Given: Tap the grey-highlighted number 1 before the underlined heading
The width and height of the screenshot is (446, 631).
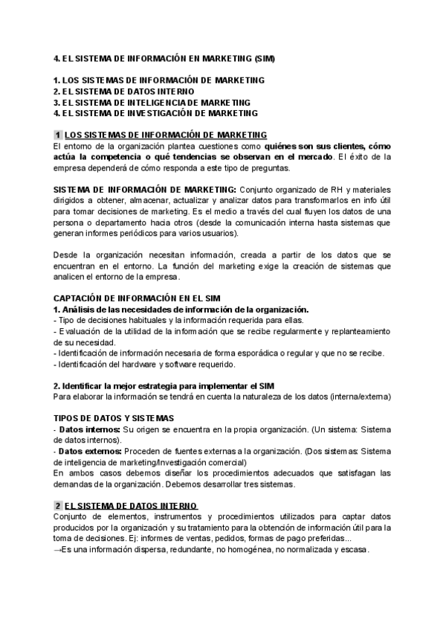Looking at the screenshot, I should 58,135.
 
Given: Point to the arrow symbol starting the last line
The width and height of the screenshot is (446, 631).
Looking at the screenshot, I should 58,550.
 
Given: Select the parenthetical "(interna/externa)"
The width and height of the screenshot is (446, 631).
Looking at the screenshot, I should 361,397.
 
